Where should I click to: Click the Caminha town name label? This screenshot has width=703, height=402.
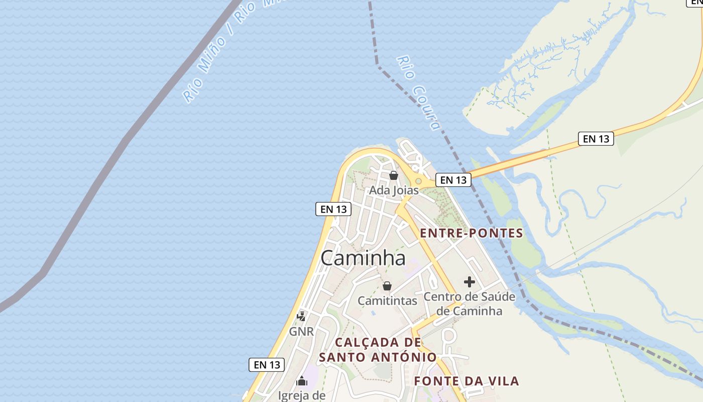[363, 258]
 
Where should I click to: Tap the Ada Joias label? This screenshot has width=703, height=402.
[394, 190]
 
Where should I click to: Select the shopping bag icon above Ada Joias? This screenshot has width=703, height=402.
[394, 175]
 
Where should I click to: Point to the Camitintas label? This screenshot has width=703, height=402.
[387, 300]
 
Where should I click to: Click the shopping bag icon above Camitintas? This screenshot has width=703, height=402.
[387, 286]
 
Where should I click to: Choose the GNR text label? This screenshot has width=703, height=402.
[301, 331]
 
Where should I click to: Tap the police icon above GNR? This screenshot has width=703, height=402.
[301, 316]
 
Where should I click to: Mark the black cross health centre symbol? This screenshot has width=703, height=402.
[470, 282]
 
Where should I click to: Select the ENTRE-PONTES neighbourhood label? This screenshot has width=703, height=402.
[472, 233]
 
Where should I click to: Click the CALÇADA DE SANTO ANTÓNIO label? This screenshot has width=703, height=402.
[378, 350]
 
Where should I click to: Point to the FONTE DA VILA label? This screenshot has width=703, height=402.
[466, 381]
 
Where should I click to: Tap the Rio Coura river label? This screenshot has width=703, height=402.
[418, 92]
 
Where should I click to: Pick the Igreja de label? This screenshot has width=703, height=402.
[302, 395]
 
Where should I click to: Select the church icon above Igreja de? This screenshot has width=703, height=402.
[302, 380]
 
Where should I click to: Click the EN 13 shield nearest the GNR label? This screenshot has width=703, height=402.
[267, 365]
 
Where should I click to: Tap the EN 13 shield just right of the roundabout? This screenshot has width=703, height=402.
[453, 179]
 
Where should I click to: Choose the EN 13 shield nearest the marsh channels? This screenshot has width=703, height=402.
[596, 139]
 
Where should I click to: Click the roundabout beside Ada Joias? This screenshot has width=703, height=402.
[418, 181]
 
